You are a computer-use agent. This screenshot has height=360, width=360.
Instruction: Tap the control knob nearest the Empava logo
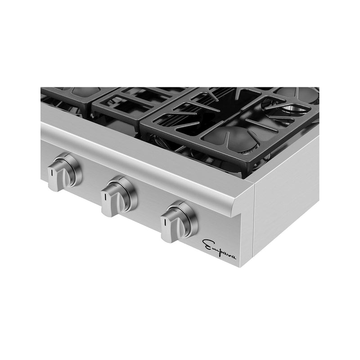point(175,223)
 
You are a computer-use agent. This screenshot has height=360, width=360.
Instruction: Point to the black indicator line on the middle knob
point(104,197)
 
